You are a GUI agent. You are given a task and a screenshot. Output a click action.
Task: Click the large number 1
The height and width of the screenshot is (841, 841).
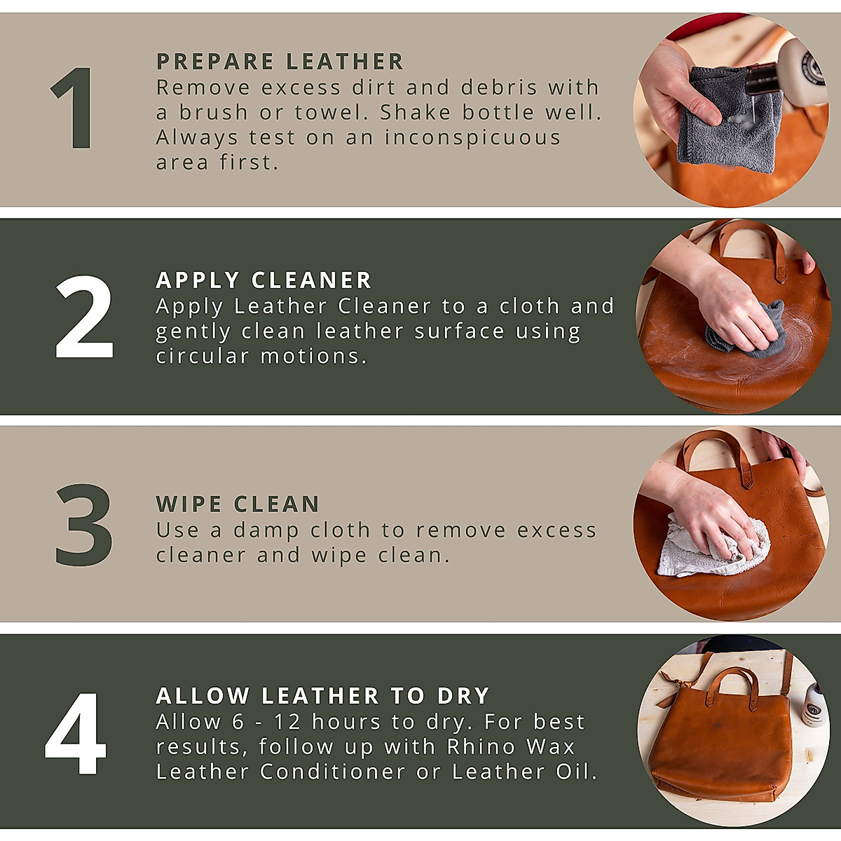tap(74, 109)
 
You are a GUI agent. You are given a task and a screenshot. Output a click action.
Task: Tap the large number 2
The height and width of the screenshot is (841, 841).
tap(84, 317)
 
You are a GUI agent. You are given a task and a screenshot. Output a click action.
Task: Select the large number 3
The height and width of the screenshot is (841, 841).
tap(84, 524)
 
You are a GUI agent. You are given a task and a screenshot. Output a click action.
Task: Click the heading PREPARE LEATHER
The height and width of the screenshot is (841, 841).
tap(280, 62)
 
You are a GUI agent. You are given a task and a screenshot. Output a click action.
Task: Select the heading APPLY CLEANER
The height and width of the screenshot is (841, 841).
tap(264, 280)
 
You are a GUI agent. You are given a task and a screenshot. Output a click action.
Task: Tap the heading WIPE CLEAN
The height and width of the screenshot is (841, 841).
tap(238, 504)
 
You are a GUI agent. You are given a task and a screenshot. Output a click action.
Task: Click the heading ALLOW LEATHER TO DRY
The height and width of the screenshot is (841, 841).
tap(322, 696)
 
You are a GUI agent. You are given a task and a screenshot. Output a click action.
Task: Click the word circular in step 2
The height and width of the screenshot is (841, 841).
tap(203, 356)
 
